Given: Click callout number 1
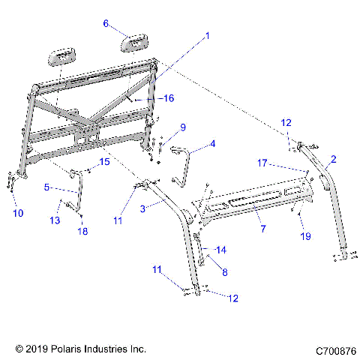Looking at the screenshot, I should coord(208,35).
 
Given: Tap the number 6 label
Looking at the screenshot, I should coord(106,23).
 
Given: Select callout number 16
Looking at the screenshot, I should coord(169,98).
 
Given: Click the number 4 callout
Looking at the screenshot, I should coord(212,143).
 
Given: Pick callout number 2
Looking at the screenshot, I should coord(333,158).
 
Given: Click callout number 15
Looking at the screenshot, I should coord(105,162).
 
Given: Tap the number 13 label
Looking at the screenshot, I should coord(55,220).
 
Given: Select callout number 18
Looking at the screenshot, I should coord(83,232).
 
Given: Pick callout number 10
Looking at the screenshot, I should coord(18,213).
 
